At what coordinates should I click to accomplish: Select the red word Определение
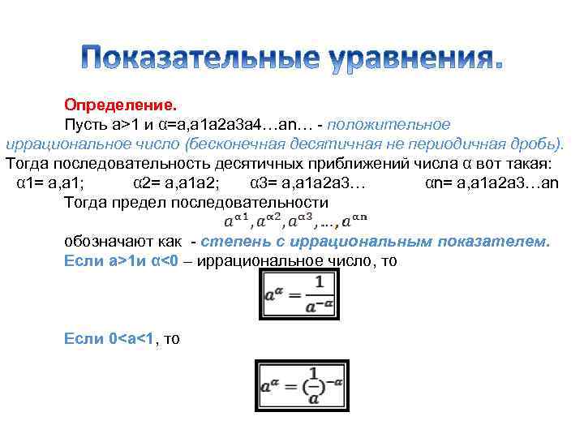120,105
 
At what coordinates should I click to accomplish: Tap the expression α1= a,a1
56,182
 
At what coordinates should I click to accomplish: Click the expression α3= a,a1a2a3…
308,182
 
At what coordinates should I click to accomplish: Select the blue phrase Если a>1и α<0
122,261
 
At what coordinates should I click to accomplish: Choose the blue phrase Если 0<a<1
111,338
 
